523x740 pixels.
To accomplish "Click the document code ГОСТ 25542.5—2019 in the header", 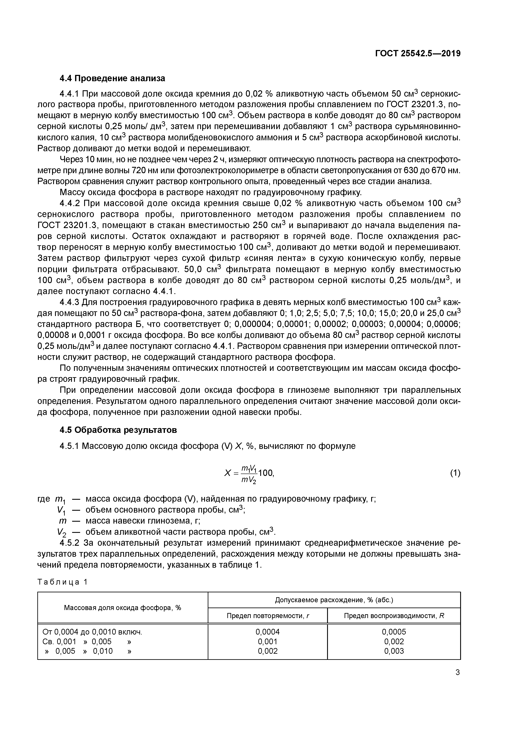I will point(418,54).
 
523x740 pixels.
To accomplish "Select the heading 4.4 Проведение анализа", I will point(112,78).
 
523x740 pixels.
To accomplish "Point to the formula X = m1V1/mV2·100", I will point(249,473).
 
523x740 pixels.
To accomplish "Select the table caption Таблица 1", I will point(62,582).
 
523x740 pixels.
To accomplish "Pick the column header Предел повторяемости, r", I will point(267,616).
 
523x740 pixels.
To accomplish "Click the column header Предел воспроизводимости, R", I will point(394,616).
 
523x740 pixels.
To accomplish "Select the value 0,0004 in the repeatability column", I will point(267,632).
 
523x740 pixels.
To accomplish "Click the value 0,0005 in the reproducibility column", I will point(394,632).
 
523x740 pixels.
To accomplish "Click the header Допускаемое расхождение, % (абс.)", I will point(334,600).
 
